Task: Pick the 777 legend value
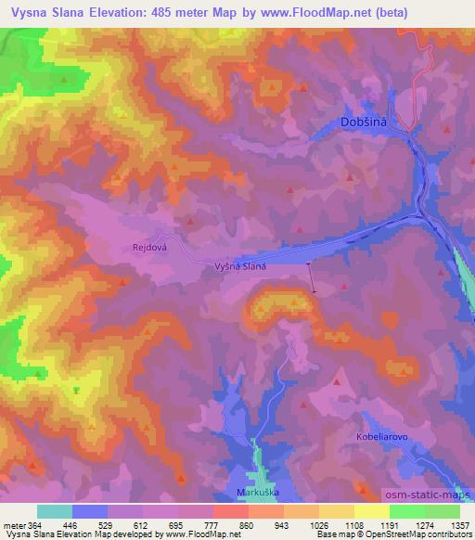pos(212,525)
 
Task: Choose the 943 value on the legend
pos(282,525)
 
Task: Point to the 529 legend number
pos(107,525)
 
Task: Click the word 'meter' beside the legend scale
pos(13,525)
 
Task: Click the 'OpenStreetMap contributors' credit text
pos(422,535)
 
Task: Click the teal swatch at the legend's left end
pos(55,511)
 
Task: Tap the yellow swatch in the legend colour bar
pos(371,511)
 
